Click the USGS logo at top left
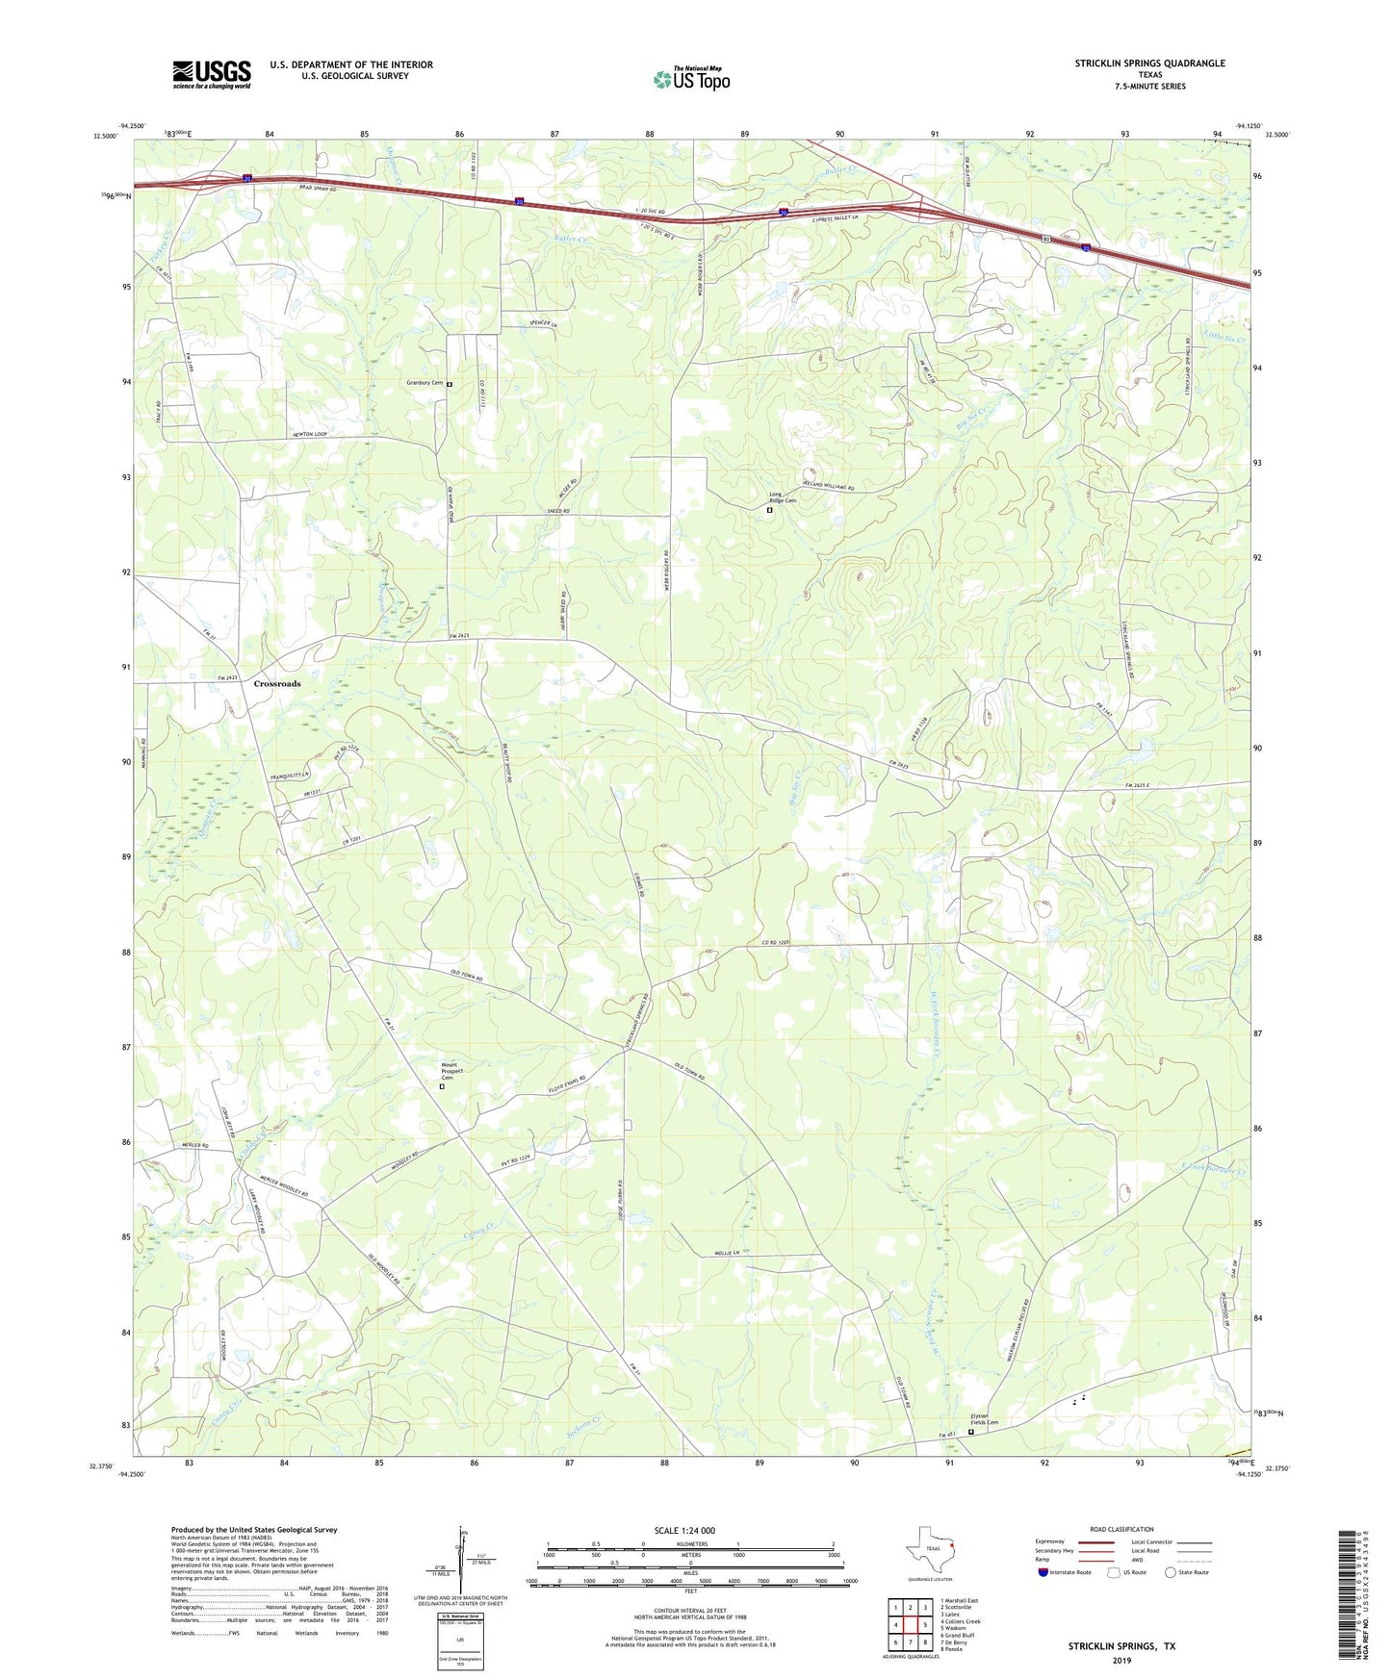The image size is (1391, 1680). [x=211, y=74]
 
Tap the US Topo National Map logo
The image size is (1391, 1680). [x=691, y=78]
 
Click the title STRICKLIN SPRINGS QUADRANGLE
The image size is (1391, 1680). [x=1149, y=64]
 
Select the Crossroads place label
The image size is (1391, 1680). [x=277, y=684]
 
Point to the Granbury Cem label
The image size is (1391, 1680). [x=425, y=383]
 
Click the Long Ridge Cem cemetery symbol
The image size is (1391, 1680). [x=769, y=511]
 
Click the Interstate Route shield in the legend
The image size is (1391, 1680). [x=1043, y=1572]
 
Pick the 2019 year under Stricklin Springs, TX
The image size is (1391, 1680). [x=1121, y=1660]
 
